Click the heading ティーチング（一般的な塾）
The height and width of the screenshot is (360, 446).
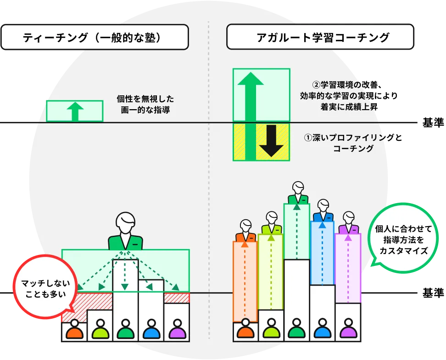coord(94,38)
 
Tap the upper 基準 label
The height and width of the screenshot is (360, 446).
coord(430,123)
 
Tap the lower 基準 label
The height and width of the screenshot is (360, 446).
coord(430,293)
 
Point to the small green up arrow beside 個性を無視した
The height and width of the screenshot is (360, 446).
coord(75,111)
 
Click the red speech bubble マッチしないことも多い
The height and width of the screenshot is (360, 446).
coord(45,288)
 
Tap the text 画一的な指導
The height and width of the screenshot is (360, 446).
coord(145,110)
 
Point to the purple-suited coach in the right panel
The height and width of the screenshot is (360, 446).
coord(349,224)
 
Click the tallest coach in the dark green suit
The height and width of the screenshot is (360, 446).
coord(297,193)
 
